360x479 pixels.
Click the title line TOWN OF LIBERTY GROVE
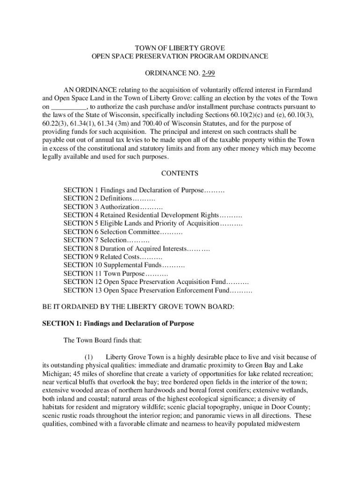pyautogui.click(x=180, y=48)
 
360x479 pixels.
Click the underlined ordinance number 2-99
pyautogui.click(x=209, y=73)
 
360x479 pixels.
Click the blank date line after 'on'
pyautogui.click(x=69, y=106)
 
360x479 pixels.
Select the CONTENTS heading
pyautogui.click(x=180, y=174)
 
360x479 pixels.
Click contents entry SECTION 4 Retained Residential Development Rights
pyautogui.click(x=153, y=215)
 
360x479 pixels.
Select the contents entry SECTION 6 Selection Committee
pyautogui.click(x=123, y=232)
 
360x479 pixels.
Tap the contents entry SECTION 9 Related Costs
pyautogui.click(x=113, y=257)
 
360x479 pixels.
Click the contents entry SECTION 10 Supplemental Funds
pyautogui.click(x=124, y=265)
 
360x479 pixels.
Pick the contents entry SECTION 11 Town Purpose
pyautogui.click(x=115, y=273)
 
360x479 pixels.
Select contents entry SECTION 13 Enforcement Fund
pyautogui.click(x=158, y=290)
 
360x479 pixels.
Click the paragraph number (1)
pyautogui.click(x=90, y=357)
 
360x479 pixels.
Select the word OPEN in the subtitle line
pyautogui.click(x=100, y=57)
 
